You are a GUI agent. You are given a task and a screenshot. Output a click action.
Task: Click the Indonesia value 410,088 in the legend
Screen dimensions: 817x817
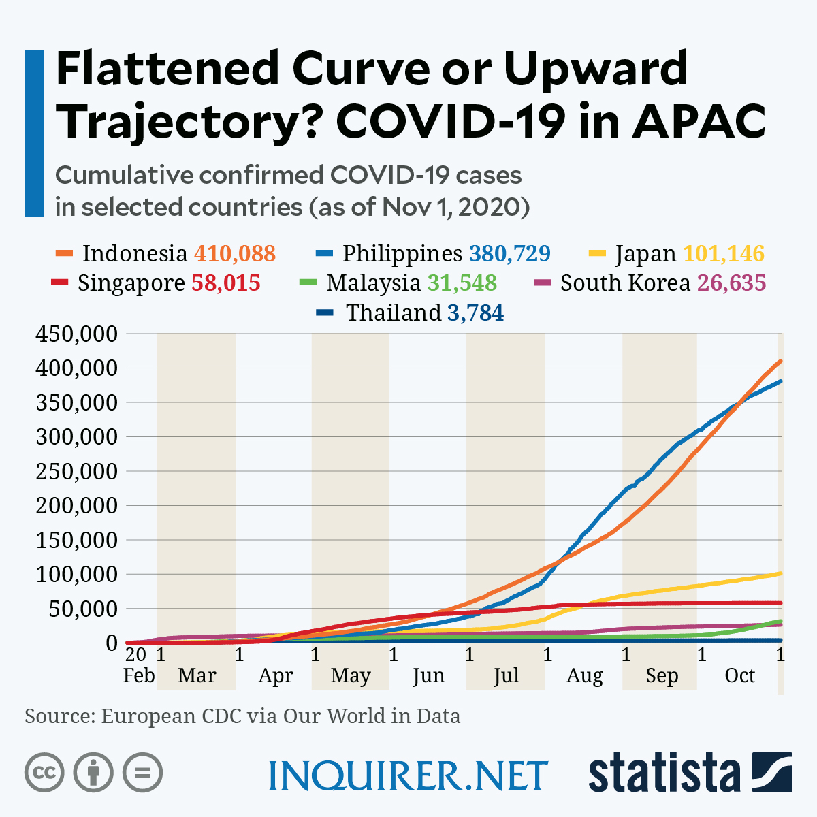click(235, 253)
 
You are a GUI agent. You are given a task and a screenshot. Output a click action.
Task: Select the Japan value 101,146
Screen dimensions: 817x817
click(723, 253)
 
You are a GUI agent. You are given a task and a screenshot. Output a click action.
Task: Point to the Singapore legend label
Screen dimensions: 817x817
click(131, 283)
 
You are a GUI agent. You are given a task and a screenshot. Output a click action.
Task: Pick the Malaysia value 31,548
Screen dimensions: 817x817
click(462, 283)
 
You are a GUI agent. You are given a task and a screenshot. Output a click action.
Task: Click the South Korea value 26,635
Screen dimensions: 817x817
click(731, 283)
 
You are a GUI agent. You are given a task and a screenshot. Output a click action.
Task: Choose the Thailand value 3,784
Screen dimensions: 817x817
click(475, 313)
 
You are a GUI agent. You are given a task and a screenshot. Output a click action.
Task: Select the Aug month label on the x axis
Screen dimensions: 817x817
click(584, 675)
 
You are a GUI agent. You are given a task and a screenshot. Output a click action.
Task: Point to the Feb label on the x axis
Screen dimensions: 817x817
click(139, 675)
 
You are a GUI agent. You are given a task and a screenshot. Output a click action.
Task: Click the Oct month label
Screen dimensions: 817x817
click(739, 675)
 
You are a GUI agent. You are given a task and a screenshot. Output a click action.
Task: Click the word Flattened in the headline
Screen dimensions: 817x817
click(167, 68)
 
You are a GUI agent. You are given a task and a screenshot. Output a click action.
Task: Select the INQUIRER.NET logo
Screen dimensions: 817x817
click(408, 775)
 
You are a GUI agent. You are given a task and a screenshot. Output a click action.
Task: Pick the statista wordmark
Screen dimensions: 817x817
click(664, 773)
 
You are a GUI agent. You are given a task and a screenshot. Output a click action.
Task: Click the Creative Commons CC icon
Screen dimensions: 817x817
click(44, 773)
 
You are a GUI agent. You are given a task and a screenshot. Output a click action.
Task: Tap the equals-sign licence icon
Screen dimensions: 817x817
click(142, 773)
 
